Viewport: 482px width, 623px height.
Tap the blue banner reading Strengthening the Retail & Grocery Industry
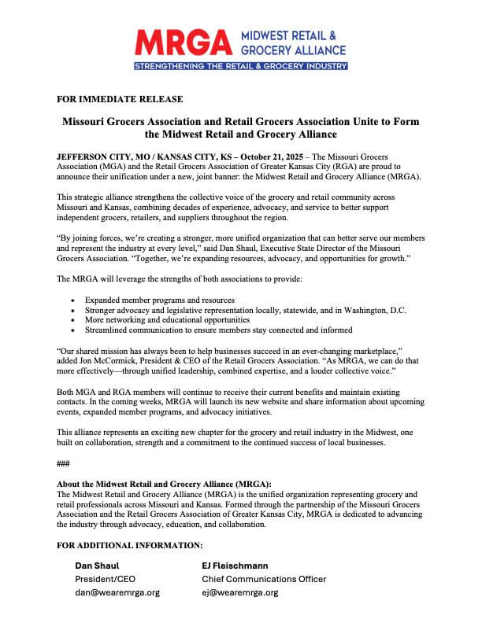(240, 67)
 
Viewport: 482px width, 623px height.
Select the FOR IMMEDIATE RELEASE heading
(120, 99)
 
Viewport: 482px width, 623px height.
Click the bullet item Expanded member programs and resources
(160, 300)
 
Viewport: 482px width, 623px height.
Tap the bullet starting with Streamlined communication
(219, 330)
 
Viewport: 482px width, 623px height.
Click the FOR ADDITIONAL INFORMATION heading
(130, 544)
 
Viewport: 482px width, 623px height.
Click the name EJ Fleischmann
(235, 566)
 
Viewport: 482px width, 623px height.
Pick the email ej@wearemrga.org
(240, 592)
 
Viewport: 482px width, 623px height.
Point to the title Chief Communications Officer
(264, 579)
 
